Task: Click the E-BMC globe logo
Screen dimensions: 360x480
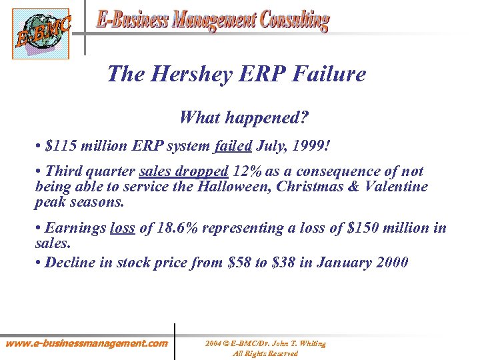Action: (40, 34)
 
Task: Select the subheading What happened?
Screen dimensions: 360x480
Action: (243, 118)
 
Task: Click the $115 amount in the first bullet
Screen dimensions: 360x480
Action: (59, 145)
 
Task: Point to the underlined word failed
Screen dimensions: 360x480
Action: (233, 145)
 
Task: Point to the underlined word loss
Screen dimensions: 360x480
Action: (122, 229)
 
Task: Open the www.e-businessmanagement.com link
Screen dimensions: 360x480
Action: (87, 344)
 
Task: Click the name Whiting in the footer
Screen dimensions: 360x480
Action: (312, 344)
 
